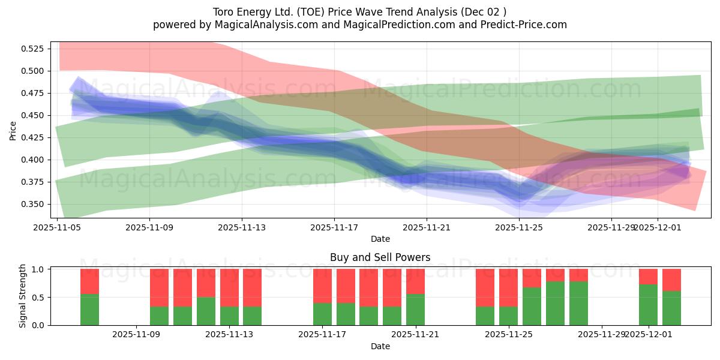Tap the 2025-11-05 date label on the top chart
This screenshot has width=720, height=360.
[x=57, y=227]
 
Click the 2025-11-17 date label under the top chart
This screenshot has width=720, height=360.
[x=334, y=227]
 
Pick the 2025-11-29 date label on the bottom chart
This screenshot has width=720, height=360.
[x=601, y=335]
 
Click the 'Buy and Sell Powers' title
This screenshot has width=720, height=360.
[x=380, y=257]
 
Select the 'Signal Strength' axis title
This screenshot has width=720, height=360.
[x=23, y=296]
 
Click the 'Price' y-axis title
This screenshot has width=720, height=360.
[x=13, y=130]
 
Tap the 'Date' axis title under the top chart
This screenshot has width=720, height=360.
[x=380, y=239]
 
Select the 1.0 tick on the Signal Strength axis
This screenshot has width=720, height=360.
[x=39, y=269]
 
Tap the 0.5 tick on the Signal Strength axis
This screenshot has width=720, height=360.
[x=39, y=298]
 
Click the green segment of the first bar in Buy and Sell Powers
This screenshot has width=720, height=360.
[x=89, y=310]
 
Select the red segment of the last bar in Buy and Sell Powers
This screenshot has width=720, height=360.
[x=671, y=280]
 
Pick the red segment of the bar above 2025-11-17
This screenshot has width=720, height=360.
[x=322, y=286]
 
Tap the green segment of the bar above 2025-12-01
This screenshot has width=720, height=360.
[x=648, y=305]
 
